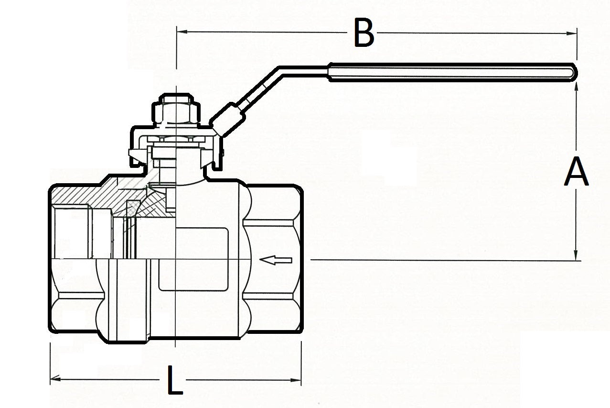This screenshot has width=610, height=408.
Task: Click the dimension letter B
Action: tap(364, 33)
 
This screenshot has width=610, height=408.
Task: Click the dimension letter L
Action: tap(175, 380)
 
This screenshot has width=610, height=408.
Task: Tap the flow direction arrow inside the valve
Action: tap(276, 260)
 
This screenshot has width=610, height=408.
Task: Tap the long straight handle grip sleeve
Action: tap(449, 72)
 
